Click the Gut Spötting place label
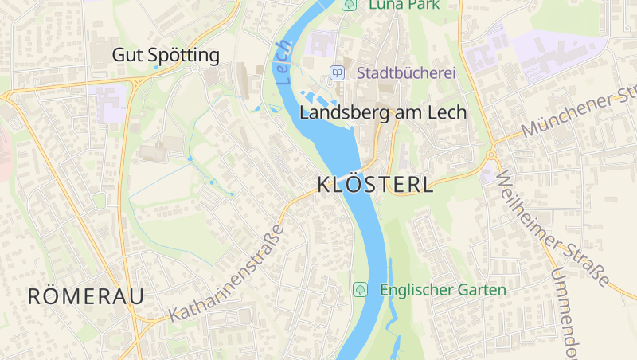coord(166,55)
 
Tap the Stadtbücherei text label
coord(406,73)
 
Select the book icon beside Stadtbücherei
coord(338,73)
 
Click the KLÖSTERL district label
coord(375,185)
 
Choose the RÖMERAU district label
coord(86,297)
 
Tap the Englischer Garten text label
coord(443,290)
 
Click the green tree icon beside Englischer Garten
coord(361,289)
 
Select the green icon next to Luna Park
coord(349,5)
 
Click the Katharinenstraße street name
coord(228,273)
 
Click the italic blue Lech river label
coord(283,62)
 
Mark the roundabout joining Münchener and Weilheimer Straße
coord(492,153)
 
